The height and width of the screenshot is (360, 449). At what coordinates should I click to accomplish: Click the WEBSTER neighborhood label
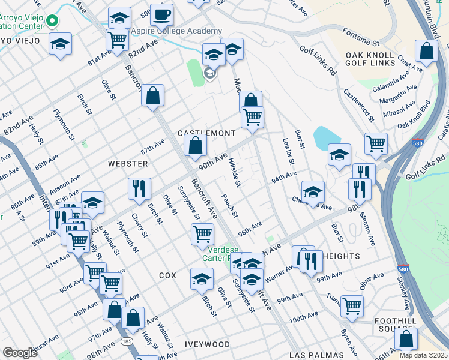[x=127, y=163]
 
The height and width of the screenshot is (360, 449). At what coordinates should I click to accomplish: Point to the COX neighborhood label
[x=167, y=275]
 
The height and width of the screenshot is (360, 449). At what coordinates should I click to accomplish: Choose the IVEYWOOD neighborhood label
[x=208, y=344]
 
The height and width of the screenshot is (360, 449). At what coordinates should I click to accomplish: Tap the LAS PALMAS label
[x=316, y=355]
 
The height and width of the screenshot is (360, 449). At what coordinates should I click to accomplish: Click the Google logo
[x=20, y=353]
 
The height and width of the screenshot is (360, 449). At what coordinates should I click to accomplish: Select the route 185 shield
[x=127, y=340]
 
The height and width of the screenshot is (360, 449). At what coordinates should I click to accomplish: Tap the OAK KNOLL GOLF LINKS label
[x=370, y=59]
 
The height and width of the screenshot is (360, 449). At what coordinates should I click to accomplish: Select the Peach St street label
[x=229, y=206]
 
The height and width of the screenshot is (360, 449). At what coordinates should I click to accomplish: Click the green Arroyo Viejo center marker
[x=52, y=22]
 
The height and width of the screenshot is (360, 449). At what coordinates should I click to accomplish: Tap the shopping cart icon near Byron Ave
[x=352, y=305]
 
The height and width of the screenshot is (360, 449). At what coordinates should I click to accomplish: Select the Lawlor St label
[x=288, y=152]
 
